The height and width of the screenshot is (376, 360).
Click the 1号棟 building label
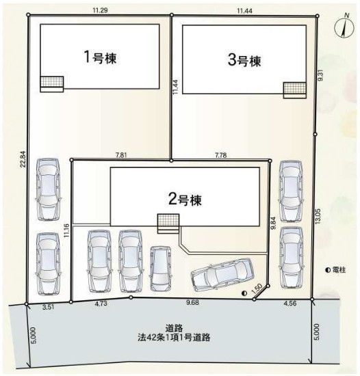(x=101, y=57)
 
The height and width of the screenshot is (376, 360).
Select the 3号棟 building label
(x=244, y=60)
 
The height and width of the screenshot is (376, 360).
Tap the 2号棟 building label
(x=185, y=200)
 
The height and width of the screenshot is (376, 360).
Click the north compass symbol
(x=344, y=27)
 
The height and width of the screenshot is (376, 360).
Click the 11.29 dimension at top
(x=100, y=10)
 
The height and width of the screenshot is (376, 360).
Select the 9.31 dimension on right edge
(x=320, y=75)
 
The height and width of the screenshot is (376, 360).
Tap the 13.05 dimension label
(x=318, y=216)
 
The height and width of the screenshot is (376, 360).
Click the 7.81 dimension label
(x=121, y=155)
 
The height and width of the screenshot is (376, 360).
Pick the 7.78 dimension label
(x=221, y=155)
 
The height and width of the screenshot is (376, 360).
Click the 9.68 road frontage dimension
(x=193, y=303)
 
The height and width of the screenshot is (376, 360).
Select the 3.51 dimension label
(x=48, y=308)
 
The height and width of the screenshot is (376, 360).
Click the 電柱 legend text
(x=339, y=270)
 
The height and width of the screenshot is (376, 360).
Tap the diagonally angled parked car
(x=222, y=274)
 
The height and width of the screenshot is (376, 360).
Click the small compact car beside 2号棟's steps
(x=161, y=269)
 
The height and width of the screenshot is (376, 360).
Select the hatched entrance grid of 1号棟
(x=52, y=81)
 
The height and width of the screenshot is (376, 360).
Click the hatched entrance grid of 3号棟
(x=295, y=88)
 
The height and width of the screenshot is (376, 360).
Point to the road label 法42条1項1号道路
(x=174, y=338)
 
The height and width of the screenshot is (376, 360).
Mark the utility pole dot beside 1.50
(x=244, y=293)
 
